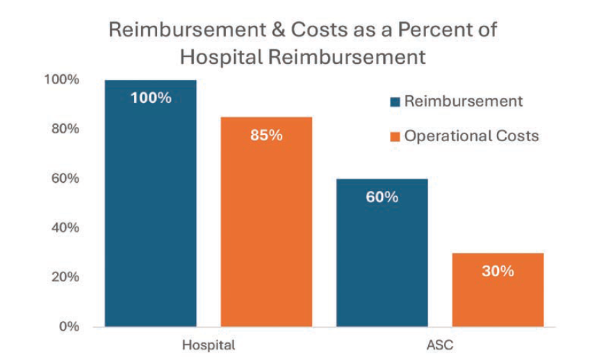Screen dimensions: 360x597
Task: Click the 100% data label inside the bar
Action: click(151, 97)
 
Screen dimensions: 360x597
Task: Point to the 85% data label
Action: click(266, 135)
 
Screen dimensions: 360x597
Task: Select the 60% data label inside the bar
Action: click(382, 197)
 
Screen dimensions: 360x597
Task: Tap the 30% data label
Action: click(498, 271)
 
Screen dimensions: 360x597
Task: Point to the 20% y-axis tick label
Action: click(65, 277)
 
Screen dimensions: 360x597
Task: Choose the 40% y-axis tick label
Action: click(65, 227)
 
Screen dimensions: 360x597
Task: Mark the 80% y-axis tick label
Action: click(65, 129)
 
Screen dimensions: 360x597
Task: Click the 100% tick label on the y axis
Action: click(63, 79)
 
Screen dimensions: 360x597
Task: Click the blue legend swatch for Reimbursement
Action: click(395, 102)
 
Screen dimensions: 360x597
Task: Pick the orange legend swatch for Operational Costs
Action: click(395, 136)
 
